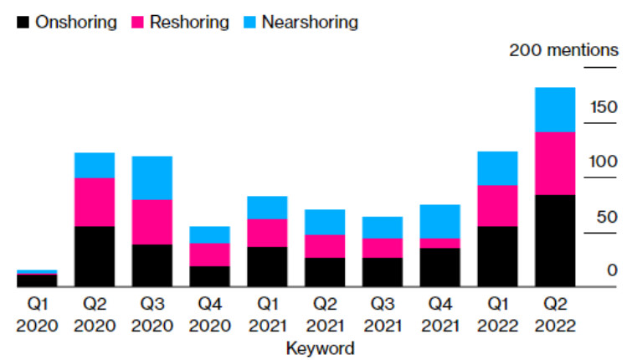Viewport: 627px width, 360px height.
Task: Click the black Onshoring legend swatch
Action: coord(23,23)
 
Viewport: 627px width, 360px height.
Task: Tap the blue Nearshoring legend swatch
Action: coord(250,23)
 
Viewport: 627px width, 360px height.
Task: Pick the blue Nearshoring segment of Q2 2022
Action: coord(555,110)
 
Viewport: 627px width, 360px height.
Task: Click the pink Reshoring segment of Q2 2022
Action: coord(555,163)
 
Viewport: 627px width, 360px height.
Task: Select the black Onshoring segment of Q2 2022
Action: coord(555,240)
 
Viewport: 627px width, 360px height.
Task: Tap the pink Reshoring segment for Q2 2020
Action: coord(95,202)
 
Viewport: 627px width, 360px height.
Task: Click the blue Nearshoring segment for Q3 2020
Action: coord(152,177)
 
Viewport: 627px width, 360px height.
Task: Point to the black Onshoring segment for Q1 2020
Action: coord(37,280)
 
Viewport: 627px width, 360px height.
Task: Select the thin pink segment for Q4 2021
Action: coord(439,243)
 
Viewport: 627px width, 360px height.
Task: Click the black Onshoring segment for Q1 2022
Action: coord(497,256)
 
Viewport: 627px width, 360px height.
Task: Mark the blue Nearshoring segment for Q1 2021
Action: coord(267,207)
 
